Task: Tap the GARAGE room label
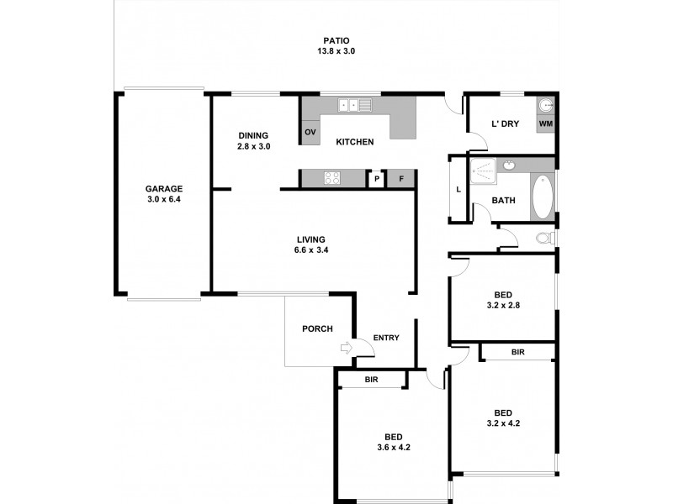click(x=163, y=189)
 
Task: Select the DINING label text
click(x=253, y=135)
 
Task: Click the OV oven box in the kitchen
click(x=310, y=133)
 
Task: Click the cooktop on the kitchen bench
click(x=331, y=178)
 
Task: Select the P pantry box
click(x=376, y=179)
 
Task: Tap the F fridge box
click(x=401, y=179)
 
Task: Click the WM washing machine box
click(x=546, y=124)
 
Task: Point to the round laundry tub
click(x=546, y=106)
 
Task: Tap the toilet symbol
click(x=545, y=239)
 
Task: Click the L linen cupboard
click(x=458, y=190)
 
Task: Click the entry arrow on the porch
click(x=345, y=347)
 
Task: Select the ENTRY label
click(x=385, y=338)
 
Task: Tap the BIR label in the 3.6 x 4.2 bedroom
click(x=371, y=381)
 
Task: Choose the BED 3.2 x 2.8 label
click(x=503, y=301)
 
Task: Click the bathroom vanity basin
click(x=510, y=165)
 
